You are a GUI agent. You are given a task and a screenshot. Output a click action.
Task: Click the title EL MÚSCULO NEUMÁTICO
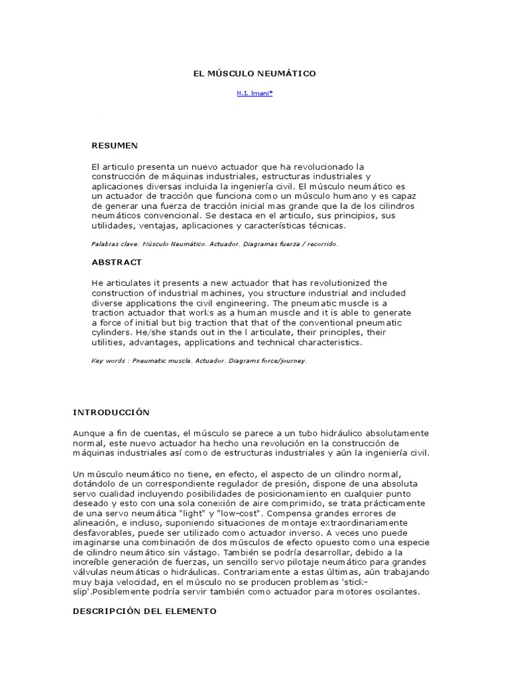(x=254, y=74)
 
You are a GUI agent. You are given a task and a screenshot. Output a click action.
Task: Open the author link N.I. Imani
(x=254, y=93)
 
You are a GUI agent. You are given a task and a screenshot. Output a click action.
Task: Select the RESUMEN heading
(x=115, y=145)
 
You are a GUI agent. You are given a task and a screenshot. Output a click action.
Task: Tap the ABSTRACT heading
(x=117, y=263)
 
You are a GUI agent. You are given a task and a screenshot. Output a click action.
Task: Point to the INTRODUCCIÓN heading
(x=111, y=412)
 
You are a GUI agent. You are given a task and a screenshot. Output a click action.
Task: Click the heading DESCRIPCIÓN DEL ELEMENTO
(x=144, y=611)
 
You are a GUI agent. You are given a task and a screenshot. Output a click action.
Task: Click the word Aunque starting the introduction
(x=89, y=432)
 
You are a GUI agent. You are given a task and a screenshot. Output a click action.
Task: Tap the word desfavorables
(x=104, y=532)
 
